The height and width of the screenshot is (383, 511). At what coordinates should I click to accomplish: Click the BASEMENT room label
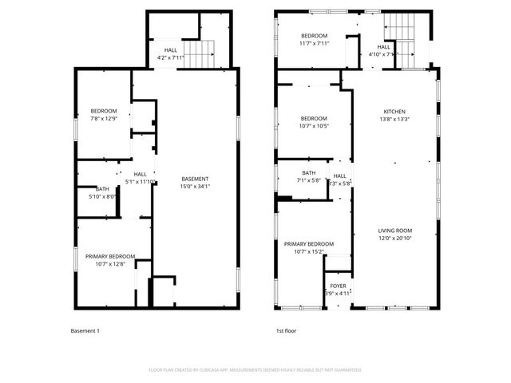coord(195,179)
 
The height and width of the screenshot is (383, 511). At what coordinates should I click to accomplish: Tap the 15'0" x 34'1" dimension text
coord(195,186)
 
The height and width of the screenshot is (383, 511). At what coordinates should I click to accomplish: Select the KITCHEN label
coord(394,112)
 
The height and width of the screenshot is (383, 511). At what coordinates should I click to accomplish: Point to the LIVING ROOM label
coord(394,231)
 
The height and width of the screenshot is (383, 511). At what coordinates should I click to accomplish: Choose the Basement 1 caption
coord(85,330)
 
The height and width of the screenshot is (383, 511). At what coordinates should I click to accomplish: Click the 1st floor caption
coord(285,330)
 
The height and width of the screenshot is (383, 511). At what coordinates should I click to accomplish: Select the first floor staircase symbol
coord(406,40)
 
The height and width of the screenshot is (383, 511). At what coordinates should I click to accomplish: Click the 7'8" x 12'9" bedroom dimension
coord(104,118)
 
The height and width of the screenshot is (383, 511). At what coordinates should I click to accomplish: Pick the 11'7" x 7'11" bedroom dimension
coord(314,44)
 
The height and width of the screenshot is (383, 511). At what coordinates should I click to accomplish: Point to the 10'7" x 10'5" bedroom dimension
coord(314,125)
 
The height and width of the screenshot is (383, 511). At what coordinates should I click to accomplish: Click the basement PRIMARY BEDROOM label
coord(110,256)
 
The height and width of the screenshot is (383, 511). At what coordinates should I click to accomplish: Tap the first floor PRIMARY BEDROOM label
coord(309,243)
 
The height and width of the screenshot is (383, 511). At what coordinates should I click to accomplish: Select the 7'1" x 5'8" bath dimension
coord(309,181)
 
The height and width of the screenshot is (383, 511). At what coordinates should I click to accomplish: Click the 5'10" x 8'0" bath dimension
coord(102,195)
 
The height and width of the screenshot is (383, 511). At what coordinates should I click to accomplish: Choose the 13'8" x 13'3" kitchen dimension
coord(394,119)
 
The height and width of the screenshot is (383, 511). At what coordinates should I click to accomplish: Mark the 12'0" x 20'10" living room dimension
coord(394,239)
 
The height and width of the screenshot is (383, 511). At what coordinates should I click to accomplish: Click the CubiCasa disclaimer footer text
coord(255,369)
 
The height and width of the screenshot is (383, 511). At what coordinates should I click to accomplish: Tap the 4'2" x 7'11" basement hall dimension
coord(171,57)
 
